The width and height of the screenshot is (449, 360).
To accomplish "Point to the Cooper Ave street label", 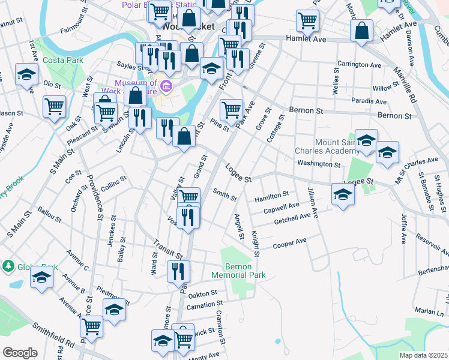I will click(290, 243).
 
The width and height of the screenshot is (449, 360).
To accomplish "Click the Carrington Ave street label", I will click(359, 64).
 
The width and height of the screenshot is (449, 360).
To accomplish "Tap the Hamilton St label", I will click(271, 196).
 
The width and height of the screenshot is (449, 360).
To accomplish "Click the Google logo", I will click(20, 353).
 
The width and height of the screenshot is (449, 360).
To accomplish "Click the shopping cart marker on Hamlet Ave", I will click(307, 20).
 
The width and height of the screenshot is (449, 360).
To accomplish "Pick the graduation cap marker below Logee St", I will click(343, 194).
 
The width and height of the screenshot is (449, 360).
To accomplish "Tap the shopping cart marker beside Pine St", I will click(231, 110).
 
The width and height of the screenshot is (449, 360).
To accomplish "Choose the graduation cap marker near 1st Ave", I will click(26, 74).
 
